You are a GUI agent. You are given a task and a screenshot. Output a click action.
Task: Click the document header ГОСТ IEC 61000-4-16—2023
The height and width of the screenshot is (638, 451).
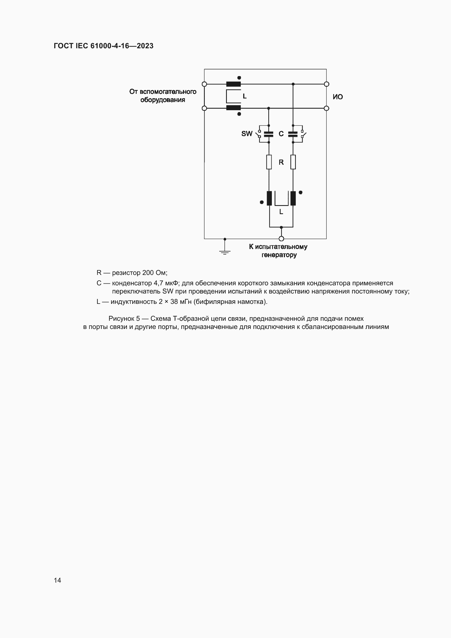(x=103, y=46)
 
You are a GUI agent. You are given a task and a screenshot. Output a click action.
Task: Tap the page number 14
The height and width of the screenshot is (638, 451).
(x=58, y=580)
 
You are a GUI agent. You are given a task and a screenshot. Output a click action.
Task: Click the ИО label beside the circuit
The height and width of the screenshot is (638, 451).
(x=338, y=97)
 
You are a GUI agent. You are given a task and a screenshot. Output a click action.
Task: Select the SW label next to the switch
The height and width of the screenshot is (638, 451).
(x=246, y=134)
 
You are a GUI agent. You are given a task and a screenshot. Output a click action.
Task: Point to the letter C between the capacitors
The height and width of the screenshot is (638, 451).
(x=281, y=134)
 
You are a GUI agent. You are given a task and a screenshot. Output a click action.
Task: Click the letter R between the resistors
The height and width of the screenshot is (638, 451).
(x=281, y=162)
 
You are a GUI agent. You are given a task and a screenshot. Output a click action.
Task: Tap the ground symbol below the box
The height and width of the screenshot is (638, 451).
(x=225, y=252)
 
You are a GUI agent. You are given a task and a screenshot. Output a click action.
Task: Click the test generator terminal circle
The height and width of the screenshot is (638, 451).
(x=281, y=239)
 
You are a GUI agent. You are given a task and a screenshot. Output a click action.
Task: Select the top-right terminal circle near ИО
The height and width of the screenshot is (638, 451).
(x=327, y=84)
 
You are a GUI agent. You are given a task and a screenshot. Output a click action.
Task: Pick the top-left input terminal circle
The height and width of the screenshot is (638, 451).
(x=205, y=84)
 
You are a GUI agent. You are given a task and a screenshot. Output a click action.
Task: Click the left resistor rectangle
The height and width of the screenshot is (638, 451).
(x=269, y=162)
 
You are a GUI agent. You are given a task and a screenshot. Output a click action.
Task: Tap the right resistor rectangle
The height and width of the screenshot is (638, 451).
(x=293, y=162)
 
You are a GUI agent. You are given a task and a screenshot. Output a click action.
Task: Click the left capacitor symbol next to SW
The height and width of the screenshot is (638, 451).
(x=269, y=134)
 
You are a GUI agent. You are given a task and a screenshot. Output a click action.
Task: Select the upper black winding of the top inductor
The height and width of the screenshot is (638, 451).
(x=233, y=84)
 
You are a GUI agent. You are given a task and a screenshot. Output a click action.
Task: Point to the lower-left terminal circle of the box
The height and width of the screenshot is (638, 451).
(x=205, y=108)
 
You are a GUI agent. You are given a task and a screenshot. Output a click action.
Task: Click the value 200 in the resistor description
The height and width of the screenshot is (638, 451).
(x=148, y=273)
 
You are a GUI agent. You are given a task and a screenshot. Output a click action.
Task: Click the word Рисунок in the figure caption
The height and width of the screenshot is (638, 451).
(x=121, y=319)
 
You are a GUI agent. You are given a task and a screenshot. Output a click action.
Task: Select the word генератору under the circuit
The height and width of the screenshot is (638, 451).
(x=279, y=255)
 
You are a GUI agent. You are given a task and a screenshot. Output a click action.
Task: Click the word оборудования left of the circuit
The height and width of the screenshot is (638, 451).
(x=163, y=100)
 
